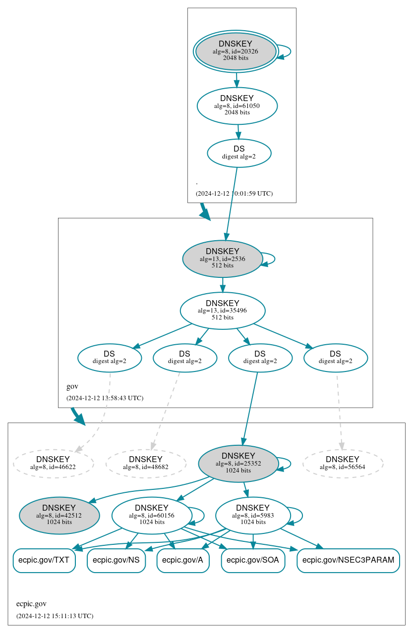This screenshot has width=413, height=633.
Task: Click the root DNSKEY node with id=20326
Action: [x=236, y=52]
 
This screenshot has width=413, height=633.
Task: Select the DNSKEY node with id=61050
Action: [x=237, y=105]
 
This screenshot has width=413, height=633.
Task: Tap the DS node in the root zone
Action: [x=239, y=153]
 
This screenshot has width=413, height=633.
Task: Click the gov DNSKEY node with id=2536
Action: [x=222, y=259]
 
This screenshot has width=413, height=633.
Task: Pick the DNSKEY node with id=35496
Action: [x=222, y=311]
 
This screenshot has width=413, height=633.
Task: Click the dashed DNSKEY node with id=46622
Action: [x=53, y=463]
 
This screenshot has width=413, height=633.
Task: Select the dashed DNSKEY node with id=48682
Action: [x=146, y=463]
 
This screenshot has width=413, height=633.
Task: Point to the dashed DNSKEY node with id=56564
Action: [x=343, y=463]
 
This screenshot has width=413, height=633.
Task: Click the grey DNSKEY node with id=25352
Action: [x=238, y=463]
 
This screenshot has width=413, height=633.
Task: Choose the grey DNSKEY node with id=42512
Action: [x=59, y=515]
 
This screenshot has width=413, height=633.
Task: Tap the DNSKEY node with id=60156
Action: [x=152, y=515]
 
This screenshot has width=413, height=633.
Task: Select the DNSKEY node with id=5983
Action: [x=253, y=515]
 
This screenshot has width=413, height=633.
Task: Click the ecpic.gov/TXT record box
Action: [x=44, y=560]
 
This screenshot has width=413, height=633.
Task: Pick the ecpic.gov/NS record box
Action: [x=116, y=560]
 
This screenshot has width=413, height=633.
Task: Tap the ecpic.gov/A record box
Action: [x=183, y=560]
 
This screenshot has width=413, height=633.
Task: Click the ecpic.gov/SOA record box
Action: [x=253, y=560]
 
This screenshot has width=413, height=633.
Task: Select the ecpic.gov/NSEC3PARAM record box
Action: [x=348, y=560]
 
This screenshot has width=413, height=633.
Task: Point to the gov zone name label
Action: [x=72, y=386]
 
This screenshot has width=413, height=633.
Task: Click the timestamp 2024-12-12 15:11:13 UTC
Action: [x=55, y=616]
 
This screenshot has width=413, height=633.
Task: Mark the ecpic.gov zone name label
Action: [x=31, y=604]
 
